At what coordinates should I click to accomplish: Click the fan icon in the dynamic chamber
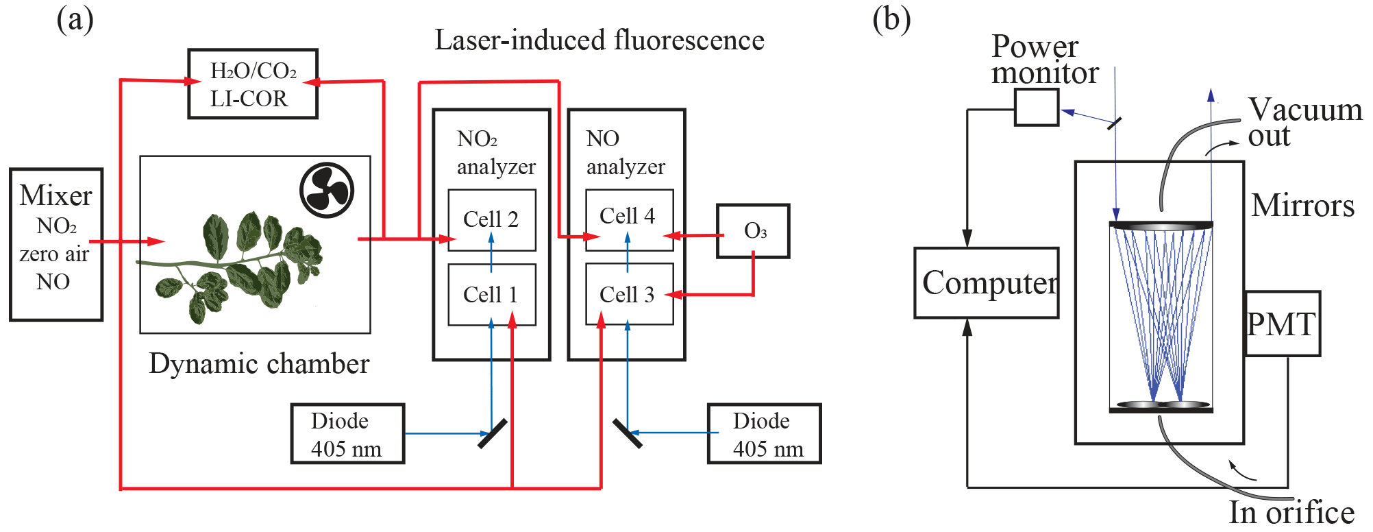(x=327, y=190)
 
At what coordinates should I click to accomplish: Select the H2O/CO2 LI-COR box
(x=253, y=84)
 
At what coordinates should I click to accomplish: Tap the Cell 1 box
(x=491, y=294)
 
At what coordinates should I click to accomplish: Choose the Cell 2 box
(x=491, y=219)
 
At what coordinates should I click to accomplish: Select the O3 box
(x=753, y=231)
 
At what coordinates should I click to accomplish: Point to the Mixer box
(x=56, y=245)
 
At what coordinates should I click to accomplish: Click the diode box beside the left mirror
(x=347, y=434)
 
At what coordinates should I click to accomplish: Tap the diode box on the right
(x=764, y=434)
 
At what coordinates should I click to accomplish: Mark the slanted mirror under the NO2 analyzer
(x=492, y=433)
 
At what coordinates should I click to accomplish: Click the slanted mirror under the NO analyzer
(x=627, y=433)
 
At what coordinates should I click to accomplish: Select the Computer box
(x=987, y=283)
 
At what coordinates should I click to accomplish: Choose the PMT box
(x=1282, y=324)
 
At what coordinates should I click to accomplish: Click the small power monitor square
(x=1036, y=108)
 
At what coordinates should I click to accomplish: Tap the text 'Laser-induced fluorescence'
(x=599, y=40)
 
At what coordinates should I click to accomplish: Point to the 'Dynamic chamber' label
(x=259, y=364)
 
